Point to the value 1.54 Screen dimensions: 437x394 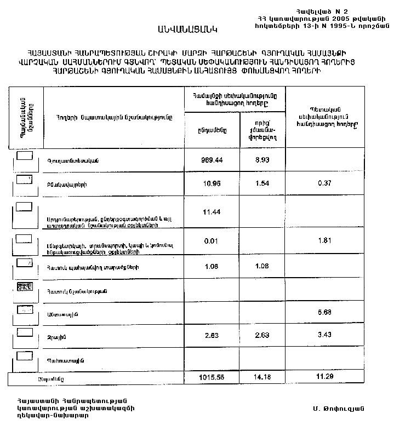(x=261, y=183)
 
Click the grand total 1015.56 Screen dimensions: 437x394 (x=213, y=378)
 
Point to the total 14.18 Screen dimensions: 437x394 (x=261, y=378)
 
